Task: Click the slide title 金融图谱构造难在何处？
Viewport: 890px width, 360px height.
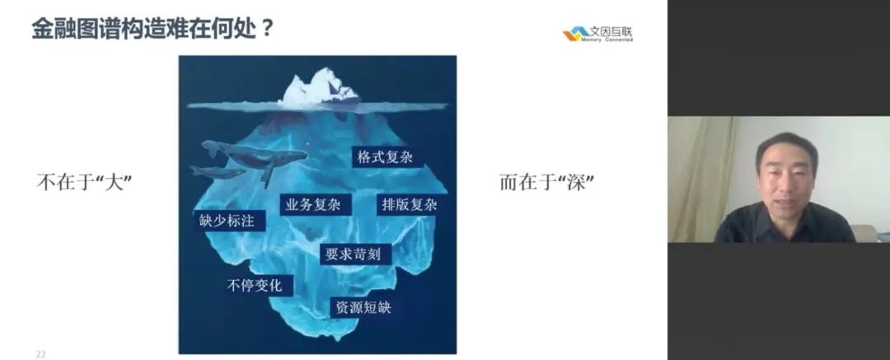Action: (152, 28)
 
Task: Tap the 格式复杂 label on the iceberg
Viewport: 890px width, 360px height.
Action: (385, 157)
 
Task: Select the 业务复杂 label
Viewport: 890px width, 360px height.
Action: (313, 204)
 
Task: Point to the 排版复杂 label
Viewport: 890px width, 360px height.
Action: (410, 204)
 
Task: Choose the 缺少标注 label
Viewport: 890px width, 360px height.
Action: (227, 220)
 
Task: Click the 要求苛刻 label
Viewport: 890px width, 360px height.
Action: (353, 254)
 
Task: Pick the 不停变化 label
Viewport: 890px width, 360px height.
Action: (255, 285)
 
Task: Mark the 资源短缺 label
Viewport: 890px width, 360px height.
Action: (363, 308)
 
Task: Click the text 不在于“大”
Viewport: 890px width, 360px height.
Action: (85, 182)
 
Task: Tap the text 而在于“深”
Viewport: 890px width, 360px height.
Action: (547, 182)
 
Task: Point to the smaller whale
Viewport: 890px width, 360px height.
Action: (218, 171)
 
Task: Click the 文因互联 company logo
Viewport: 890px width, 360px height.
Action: (597, 34)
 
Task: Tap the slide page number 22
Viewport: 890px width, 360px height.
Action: (40, 354)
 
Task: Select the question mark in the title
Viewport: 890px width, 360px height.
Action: (267, 28)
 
